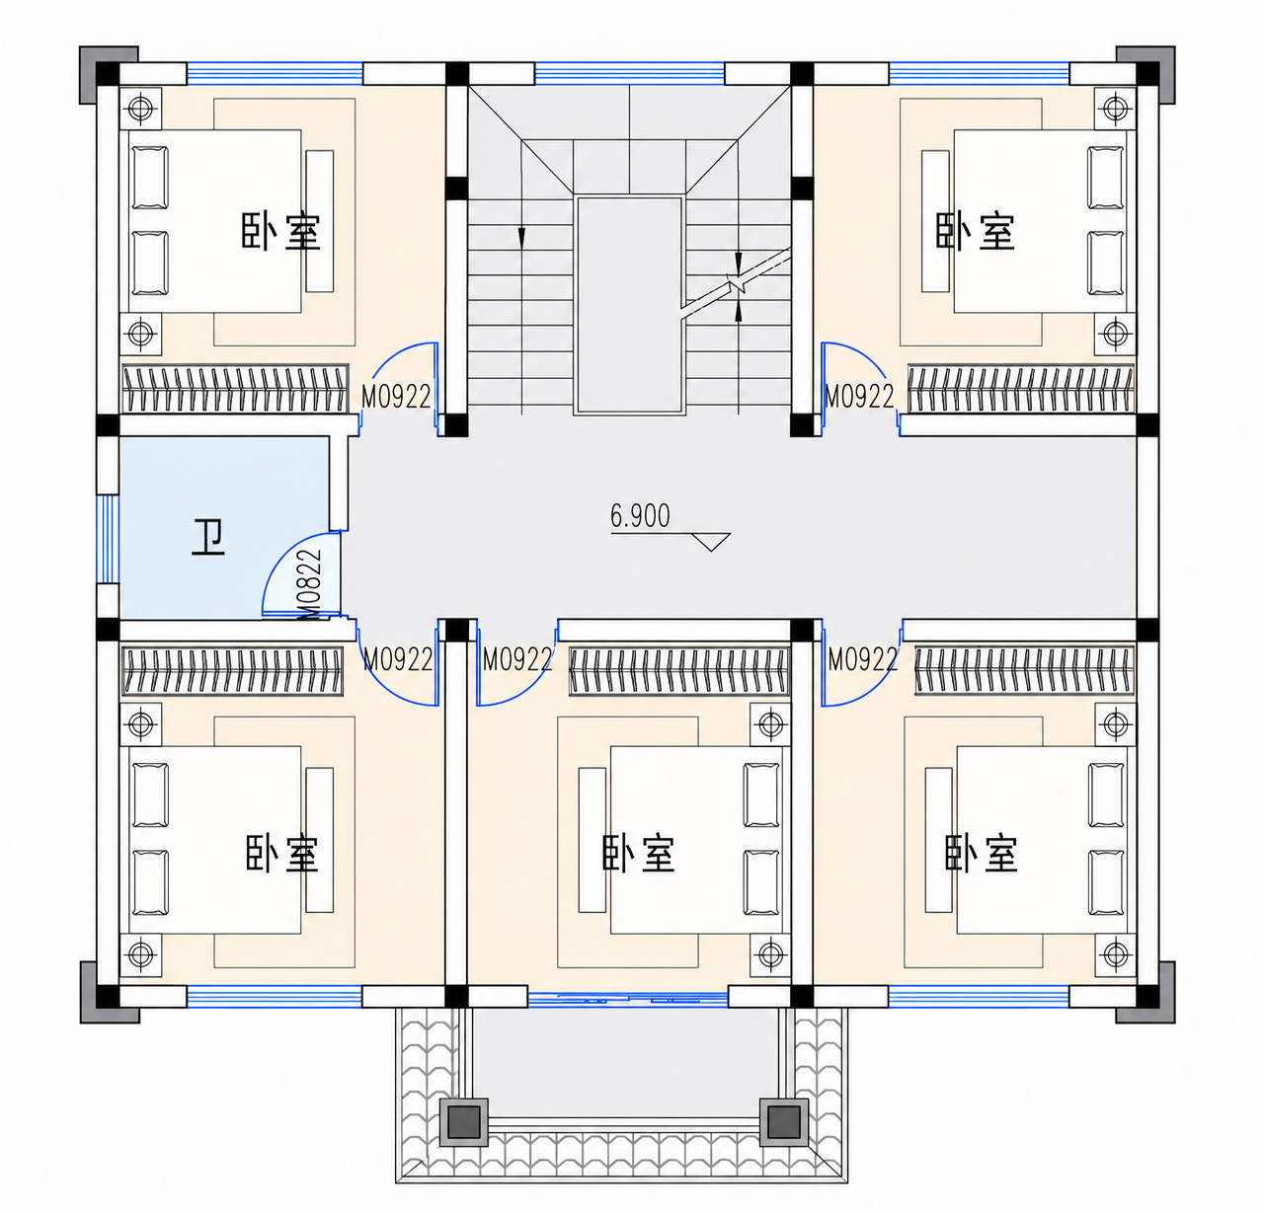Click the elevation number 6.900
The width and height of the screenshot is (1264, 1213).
click(640, 516)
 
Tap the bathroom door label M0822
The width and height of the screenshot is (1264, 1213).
click(309, 583)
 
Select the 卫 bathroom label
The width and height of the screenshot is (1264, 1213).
click(208, 538)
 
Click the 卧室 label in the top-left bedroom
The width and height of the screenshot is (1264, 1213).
click(280, 231)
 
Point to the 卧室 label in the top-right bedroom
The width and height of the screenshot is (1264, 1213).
click(975, 231)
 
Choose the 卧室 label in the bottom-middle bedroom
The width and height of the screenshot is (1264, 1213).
click(639, 853)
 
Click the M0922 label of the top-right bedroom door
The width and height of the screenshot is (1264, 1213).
click(859, 396)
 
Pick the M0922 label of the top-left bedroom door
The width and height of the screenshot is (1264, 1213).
click(396, 396)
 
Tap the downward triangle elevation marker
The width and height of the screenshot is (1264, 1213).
click(711, 541)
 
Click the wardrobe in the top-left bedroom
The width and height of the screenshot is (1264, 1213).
click(235, 389)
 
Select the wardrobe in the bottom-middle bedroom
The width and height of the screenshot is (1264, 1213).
click(679, 670)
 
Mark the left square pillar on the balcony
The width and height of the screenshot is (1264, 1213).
click(464, 1122)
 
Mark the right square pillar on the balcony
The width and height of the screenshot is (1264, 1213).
click(784, 1122)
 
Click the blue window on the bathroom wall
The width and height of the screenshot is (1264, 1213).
click(108, 539)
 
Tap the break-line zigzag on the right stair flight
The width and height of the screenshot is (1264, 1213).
click(736, 284)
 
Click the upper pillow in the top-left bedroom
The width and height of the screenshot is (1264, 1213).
click(150, 178)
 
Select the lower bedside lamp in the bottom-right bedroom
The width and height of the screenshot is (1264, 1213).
click(1115, 953)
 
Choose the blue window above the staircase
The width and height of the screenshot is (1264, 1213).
click(629, 73)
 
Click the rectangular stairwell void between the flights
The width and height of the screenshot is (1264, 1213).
click(629, 305)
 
